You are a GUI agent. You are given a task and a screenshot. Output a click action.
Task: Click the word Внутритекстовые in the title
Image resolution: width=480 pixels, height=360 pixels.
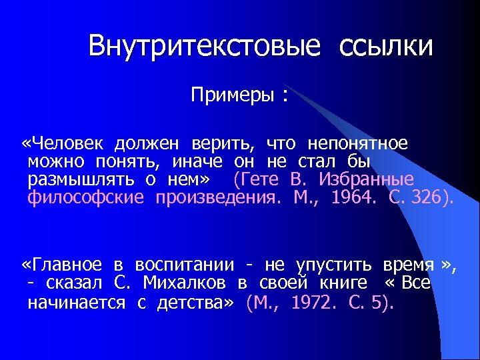point(204,46)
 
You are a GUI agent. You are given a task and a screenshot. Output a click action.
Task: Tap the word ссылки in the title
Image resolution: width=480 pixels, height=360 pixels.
point(386,46)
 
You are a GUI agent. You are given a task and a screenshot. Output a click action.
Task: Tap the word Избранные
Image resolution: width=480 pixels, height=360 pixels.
point(366,180)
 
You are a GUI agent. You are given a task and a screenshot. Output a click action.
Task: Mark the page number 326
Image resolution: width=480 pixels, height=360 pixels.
point(423,198)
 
